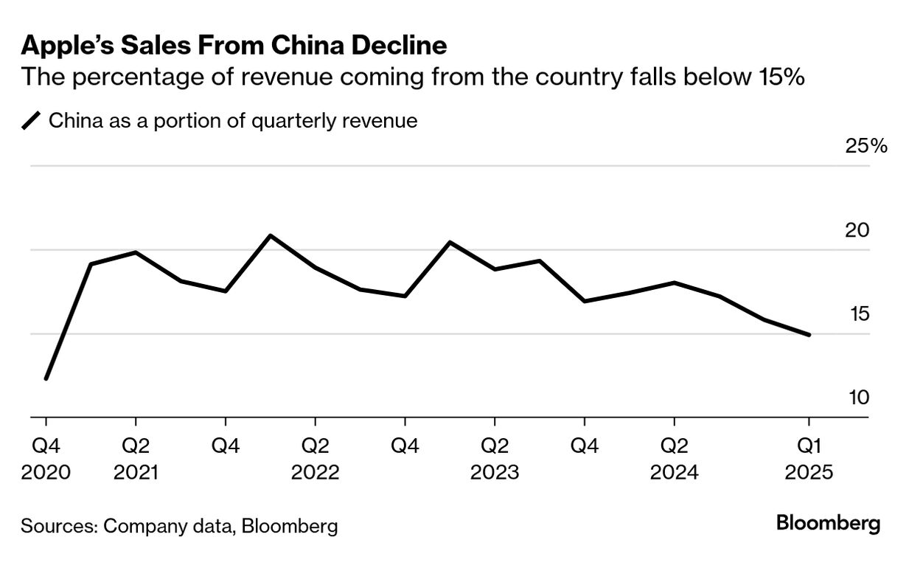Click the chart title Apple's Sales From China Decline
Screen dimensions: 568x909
click(234, 46)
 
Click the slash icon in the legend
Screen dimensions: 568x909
click(32, 120)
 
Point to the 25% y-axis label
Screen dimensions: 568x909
click(866, 145)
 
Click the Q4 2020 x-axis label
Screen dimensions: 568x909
click(46, 459)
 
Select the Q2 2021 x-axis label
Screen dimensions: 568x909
click(136, 459)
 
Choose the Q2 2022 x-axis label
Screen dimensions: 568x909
click(315, 459)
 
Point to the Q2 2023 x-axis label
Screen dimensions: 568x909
click(494, 459)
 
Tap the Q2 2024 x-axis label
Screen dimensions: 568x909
click(674, 459)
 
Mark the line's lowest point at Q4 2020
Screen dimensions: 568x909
click(46, 378)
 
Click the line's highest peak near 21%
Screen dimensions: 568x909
click(271, 236)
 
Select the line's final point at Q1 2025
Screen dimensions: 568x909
click(809, 335)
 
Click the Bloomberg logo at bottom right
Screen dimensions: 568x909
click(828, 524)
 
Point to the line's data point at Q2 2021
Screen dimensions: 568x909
click(136, 252)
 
